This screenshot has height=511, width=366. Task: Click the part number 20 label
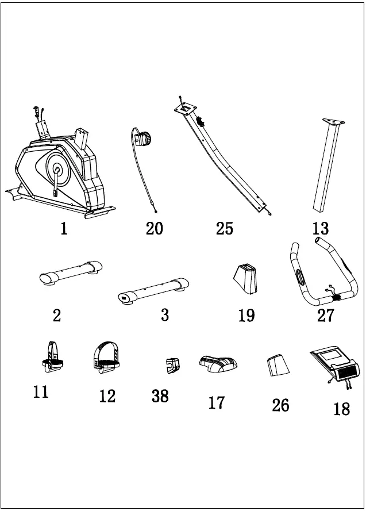click(154, 229)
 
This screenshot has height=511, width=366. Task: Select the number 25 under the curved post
click(224, 229)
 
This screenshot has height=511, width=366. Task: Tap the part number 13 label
click(320, 229)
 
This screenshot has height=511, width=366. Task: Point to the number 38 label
click(160, 395)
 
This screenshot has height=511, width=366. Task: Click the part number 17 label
click(217, 403)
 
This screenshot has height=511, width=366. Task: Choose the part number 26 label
click(280, 406)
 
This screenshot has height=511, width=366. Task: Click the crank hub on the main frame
click(57, 170)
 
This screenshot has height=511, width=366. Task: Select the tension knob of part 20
click(144, 137)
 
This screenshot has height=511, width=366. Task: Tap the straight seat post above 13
click(325, 167)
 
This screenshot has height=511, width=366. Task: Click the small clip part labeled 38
click(171, 364)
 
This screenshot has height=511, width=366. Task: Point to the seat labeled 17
click(218, 364)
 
